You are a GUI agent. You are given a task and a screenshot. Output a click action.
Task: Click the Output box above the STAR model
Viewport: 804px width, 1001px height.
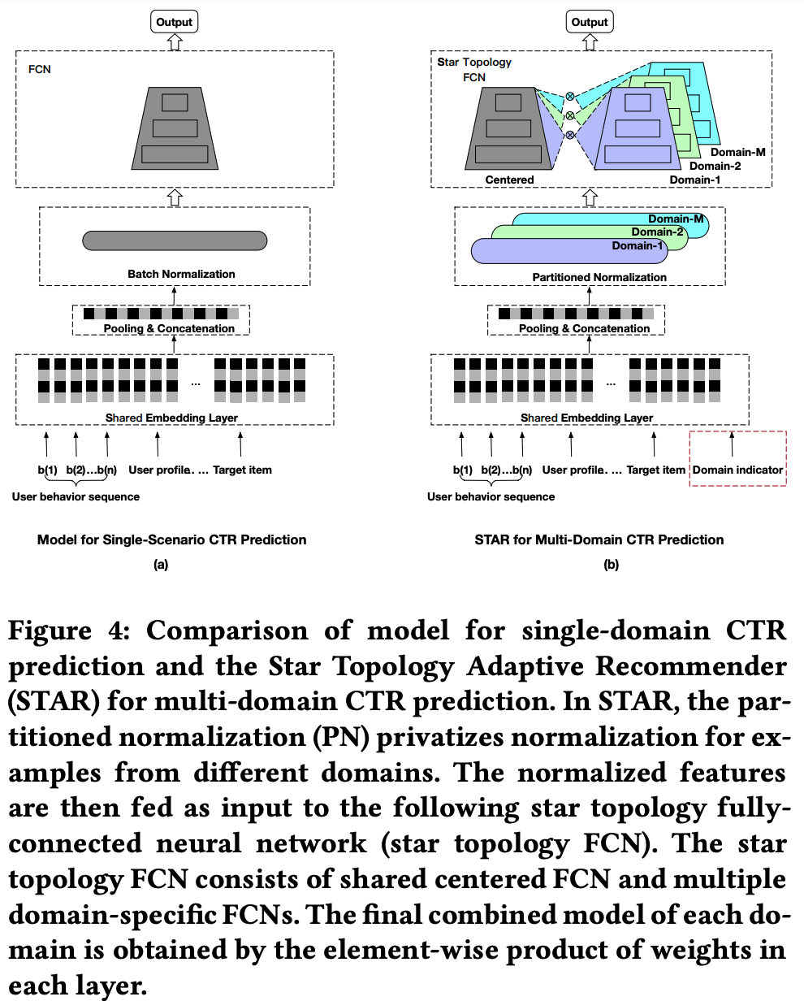(x=590, y=22)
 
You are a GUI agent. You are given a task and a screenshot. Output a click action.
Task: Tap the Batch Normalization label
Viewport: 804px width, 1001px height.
(x=181, y=274)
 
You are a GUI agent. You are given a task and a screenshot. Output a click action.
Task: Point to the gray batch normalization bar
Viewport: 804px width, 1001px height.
(x=175, y=240)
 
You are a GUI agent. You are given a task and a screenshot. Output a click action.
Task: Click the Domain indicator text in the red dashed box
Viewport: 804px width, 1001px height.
(x=738, y=470)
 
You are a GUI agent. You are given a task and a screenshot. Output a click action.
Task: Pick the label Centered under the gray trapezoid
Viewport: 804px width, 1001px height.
(x=509, y=180)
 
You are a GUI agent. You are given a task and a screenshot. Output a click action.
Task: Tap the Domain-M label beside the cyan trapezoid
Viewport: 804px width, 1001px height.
(x=737, y=152)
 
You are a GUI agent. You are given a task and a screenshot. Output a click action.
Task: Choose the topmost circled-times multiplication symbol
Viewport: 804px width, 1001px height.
(x=570, y=96)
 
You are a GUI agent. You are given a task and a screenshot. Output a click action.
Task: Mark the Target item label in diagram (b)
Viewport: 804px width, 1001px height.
(x=656, y=470)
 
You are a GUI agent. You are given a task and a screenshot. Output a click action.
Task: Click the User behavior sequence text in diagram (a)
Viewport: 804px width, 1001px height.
(x=76, y=496)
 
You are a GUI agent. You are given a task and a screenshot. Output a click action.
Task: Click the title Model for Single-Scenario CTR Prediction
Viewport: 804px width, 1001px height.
(x=172, y=539)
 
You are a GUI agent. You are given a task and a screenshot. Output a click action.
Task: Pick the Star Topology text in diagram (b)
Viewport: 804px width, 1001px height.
(x=474, y=62)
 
